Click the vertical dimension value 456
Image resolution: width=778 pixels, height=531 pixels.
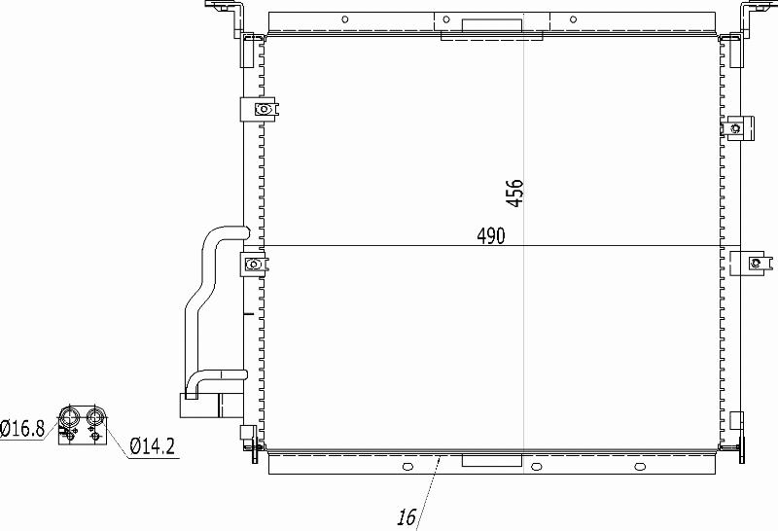tap(514, 193)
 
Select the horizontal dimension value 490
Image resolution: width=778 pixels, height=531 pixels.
tap(491, 236)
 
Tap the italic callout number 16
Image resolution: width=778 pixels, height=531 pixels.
tap(407, 517)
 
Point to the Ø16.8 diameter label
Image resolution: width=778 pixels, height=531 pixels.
tap(22, 428)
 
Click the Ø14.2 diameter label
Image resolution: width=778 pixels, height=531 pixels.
tap(153, 446)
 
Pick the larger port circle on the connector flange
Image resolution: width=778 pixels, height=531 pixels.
tap(68, 416)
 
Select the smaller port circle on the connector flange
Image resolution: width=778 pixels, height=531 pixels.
tap(94, 415)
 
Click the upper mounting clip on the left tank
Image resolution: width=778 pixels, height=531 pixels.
tap(260, 109)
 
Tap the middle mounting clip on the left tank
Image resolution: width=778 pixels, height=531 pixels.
tap(254, 264)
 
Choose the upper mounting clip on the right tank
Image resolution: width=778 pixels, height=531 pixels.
tap(738, 128)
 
